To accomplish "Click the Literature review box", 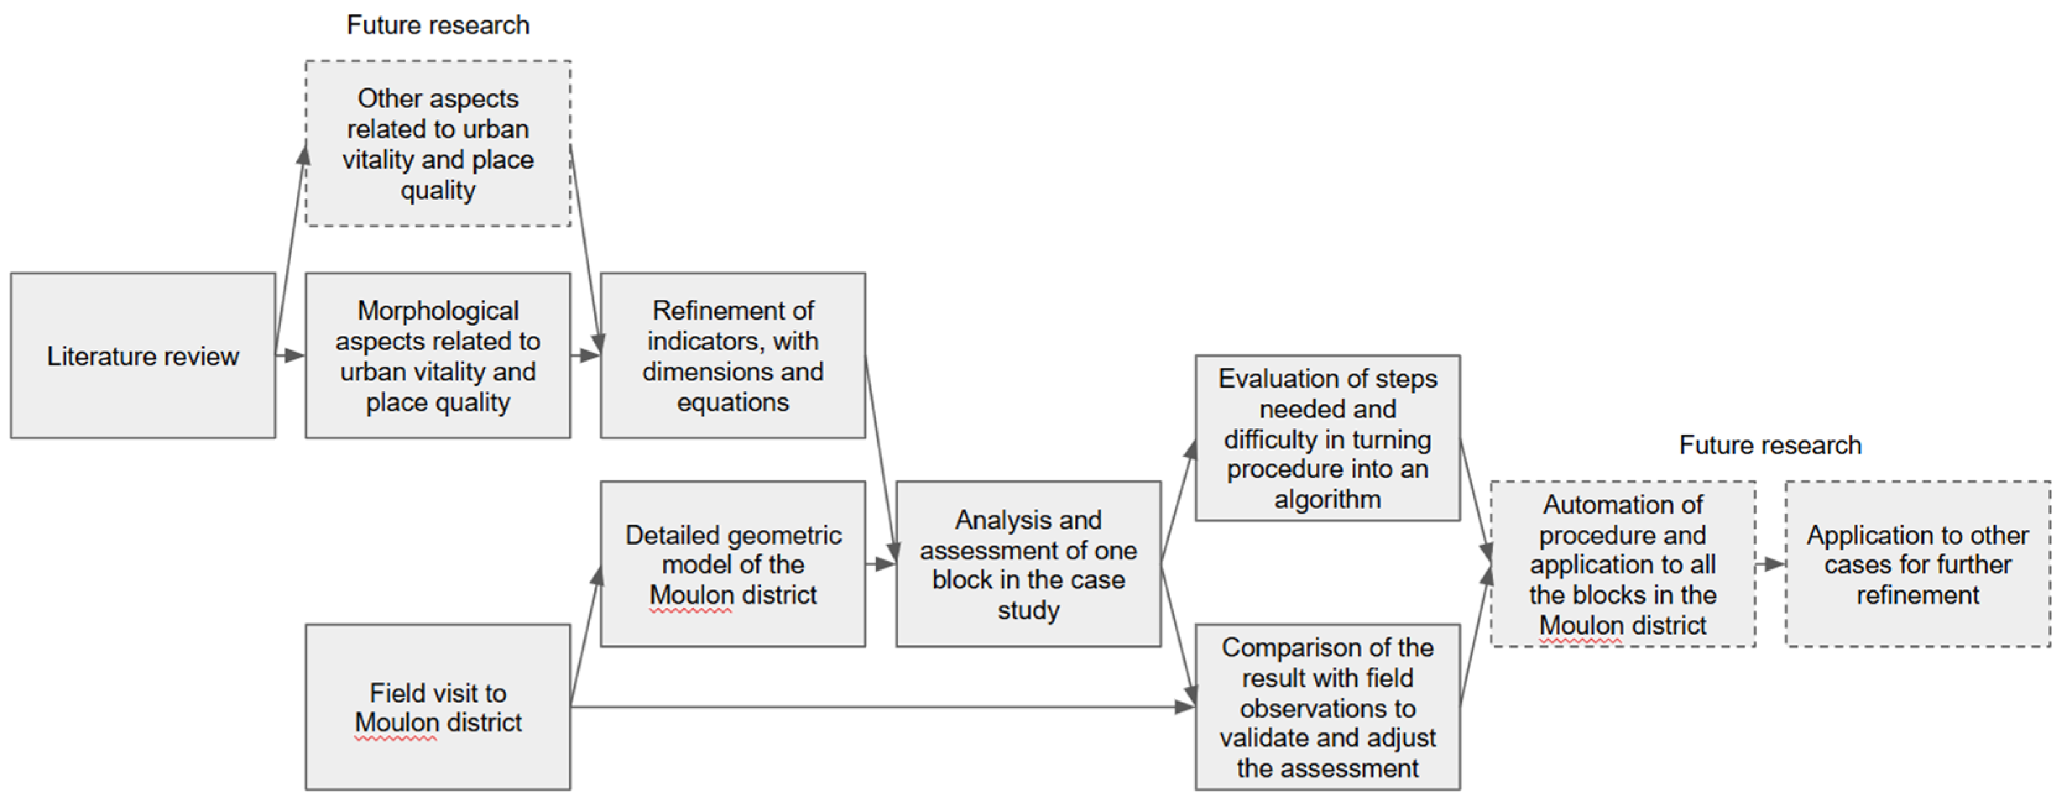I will [143, 355].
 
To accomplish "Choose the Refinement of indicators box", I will [733, 355].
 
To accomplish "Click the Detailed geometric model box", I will [733, 564].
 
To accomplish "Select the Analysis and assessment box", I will [1028, 564].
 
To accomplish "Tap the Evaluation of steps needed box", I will [1327, 438].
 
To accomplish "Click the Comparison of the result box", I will [1327, 707].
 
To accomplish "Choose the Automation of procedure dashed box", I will [1622, 564].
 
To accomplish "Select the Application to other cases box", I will [1918, 564].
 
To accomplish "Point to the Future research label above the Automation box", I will [1770, 444].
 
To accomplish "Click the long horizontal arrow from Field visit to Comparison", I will [883, 707].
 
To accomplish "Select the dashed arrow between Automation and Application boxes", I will [1770, 564].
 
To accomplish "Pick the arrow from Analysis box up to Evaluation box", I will [1178, 501].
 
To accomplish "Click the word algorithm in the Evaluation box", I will [1327, 499].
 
